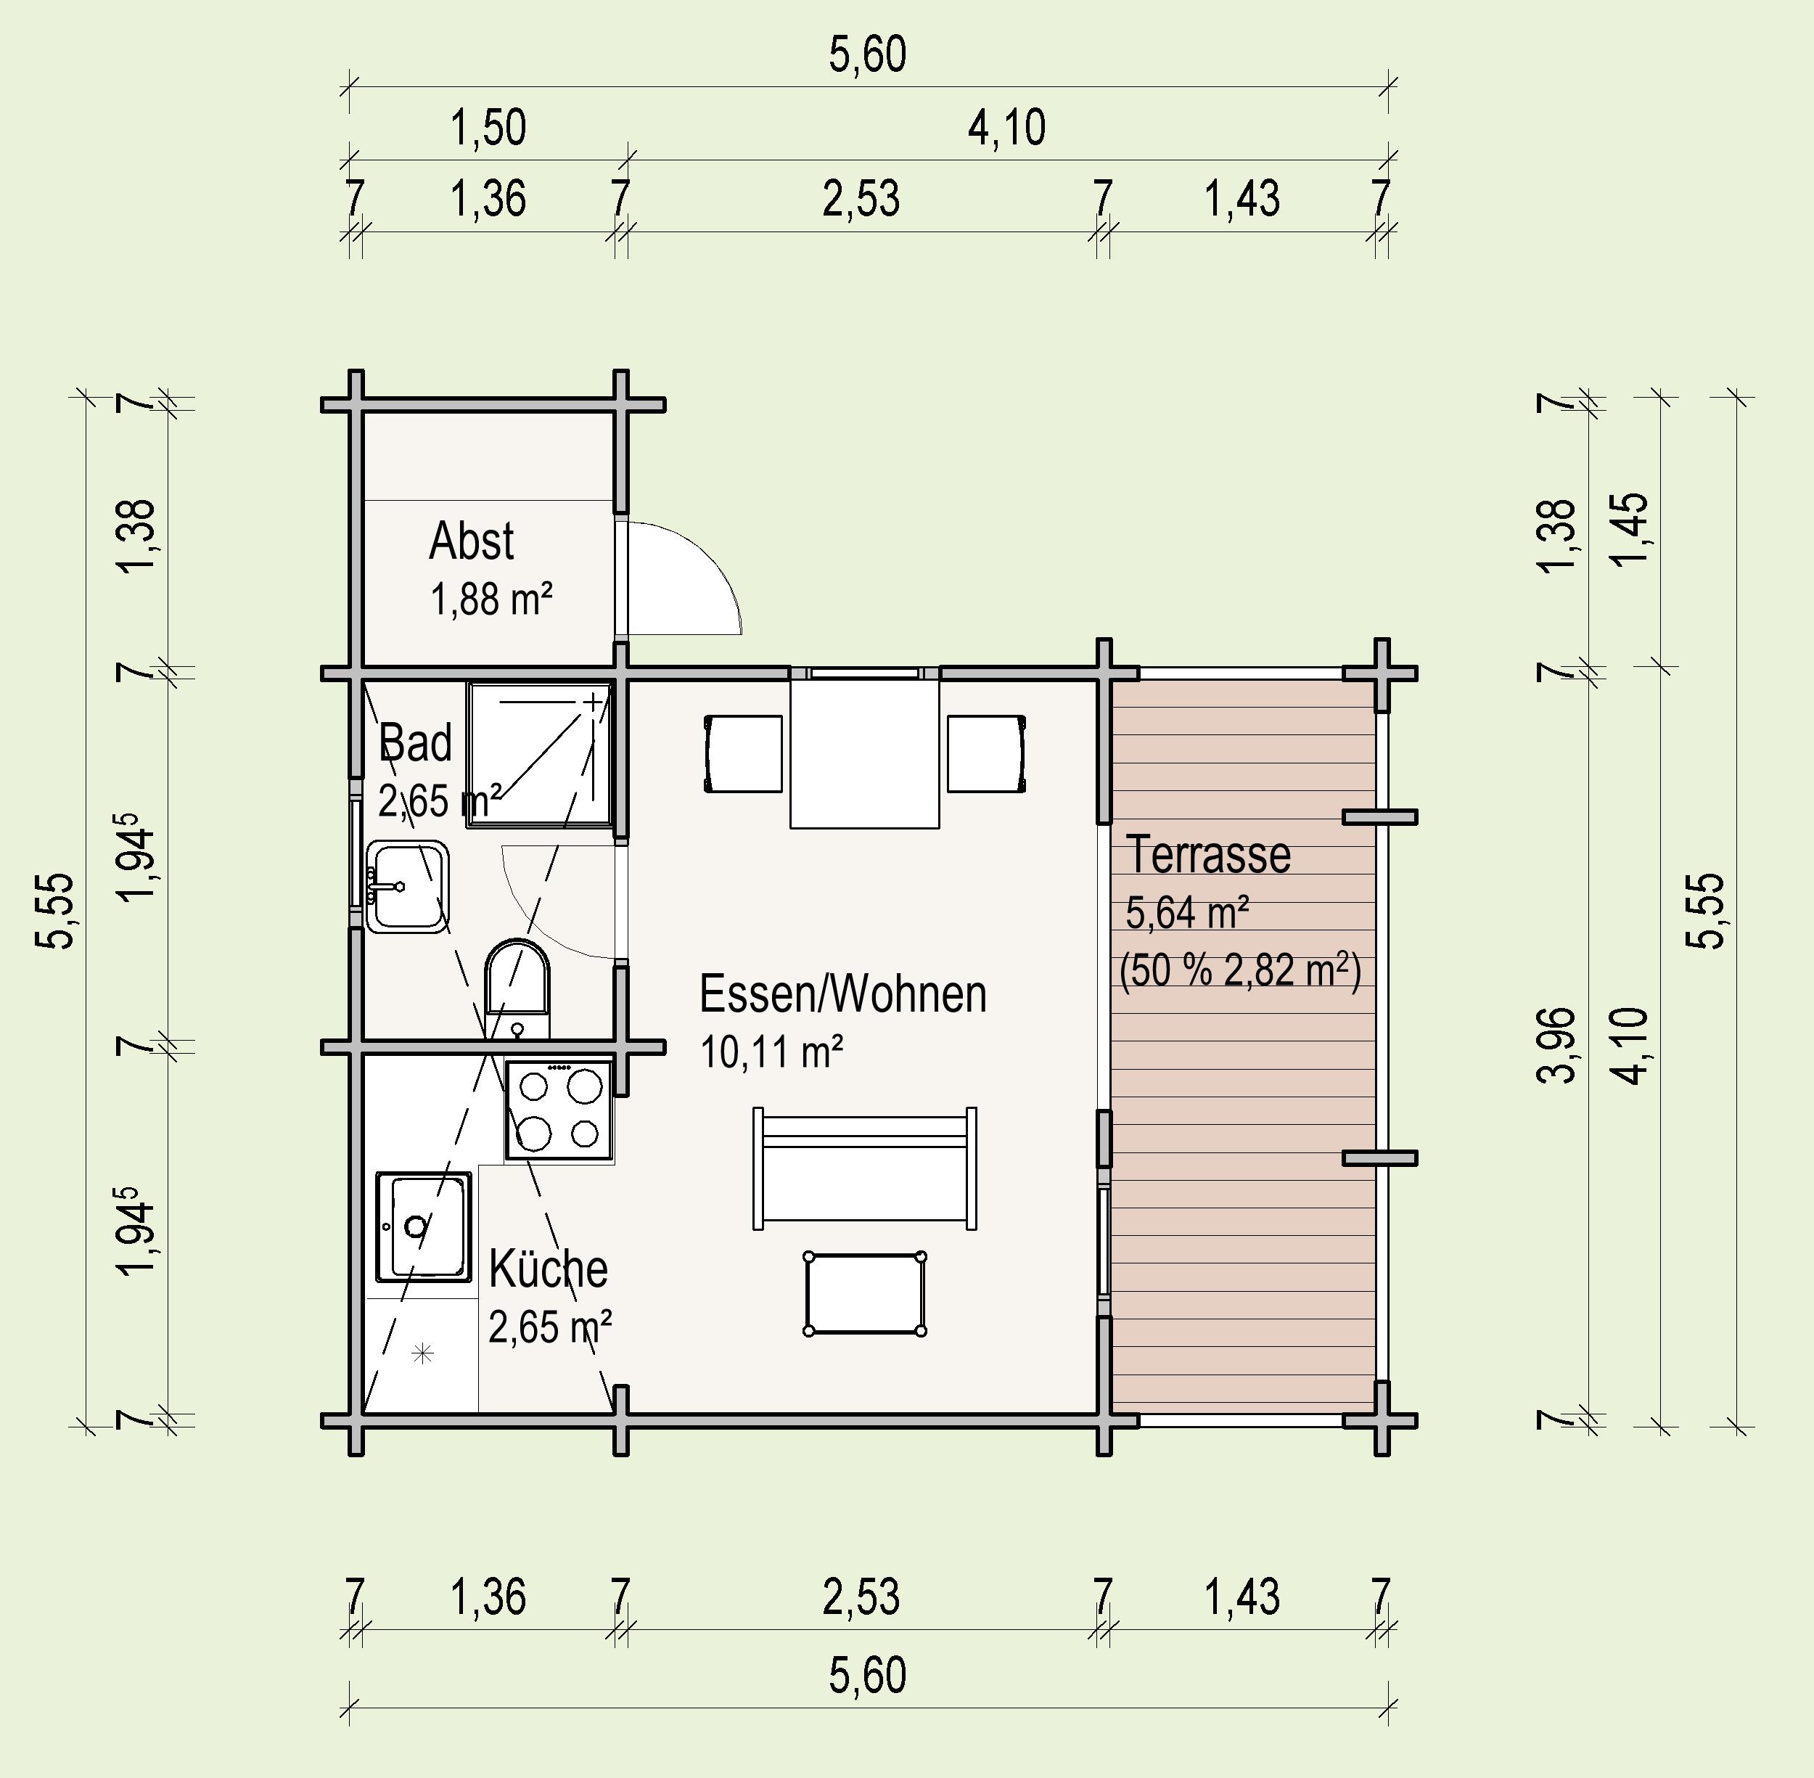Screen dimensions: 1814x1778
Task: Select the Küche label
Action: pyautogui.click(x=548, y=1269)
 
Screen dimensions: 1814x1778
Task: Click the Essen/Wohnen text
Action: pyautogui.click(x=842, y=994)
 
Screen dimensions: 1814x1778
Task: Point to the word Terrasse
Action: pyautogui.click(x=1209, y=854)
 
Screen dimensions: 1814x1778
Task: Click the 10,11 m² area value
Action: pyautogui.click(x=772, y=1052)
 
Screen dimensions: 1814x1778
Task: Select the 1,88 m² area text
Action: pyautogui.click(x=491, y=599)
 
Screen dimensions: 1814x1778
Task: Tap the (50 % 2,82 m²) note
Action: pyautogui.click(x=1241, y=971)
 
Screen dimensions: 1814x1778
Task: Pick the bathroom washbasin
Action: pyautogui.click(x=407, y=887)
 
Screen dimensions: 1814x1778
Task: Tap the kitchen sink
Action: pyautogui.click(x=423, y=1227)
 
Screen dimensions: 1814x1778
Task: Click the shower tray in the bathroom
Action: pyautogui.click(x=538, y=753)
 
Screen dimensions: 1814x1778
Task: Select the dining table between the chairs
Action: pyautogui.click(x=864, y=753)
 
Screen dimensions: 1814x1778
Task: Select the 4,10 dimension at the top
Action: pyautogui.click(x=1006, y=128)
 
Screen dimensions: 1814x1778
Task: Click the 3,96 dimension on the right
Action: pyautogui.click(x=1556, y=1044)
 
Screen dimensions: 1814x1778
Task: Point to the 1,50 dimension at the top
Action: pyautogui.click(x=488, y=128)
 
